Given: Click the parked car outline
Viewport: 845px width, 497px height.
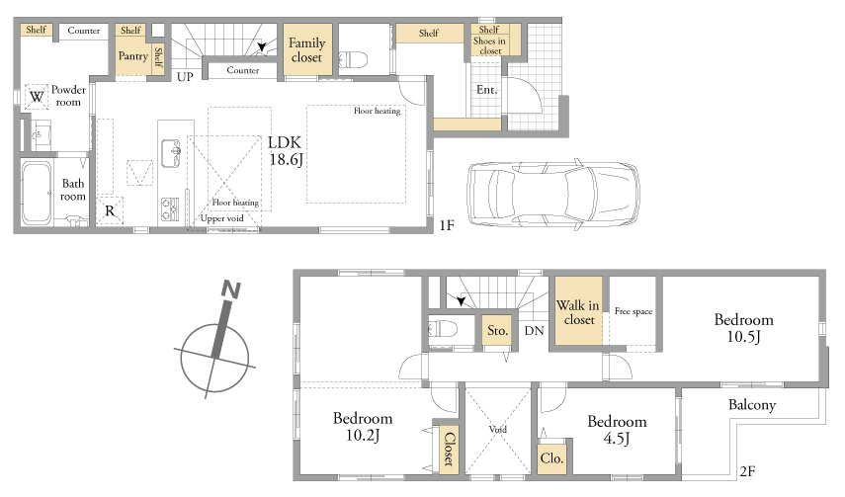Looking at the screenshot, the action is click(552, 193).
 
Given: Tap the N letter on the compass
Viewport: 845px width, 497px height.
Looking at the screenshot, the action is click(231, 290).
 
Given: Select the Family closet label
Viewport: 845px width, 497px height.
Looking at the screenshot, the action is click(306, 50).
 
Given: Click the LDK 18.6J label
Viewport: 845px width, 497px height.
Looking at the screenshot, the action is click(285, 150).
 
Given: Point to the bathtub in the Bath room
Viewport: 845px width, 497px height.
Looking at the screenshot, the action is click(38, 193).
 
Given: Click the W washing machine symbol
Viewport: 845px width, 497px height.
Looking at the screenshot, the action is click(37, 97).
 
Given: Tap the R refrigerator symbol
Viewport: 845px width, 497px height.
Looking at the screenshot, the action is click(110, 210).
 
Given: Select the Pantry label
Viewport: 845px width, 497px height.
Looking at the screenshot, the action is click(133, 56).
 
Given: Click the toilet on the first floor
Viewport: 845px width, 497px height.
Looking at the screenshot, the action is click(353, 58).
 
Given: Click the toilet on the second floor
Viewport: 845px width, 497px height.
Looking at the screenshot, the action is click(443, 328).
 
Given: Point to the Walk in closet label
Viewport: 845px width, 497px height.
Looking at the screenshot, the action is click(578, 312).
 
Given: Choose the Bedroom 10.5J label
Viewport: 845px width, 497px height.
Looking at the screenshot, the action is click(743, 328).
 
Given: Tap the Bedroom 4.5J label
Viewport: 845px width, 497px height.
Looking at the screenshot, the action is click(617, 430).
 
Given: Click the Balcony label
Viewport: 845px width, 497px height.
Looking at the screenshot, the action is click(752, 405).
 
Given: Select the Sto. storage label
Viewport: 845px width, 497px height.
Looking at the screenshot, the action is click(497, 330).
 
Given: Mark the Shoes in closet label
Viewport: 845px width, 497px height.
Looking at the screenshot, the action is click(490, 45).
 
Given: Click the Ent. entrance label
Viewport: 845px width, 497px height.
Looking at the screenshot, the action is click(486, 90).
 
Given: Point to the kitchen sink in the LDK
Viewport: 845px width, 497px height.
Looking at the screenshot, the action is click(171, 153).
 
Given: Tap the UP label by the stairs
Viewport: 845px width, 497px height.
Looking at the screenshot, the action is click(185, 76).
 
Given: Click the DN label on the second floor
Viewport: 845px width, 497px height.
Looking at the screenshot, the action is click(534, 330).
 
